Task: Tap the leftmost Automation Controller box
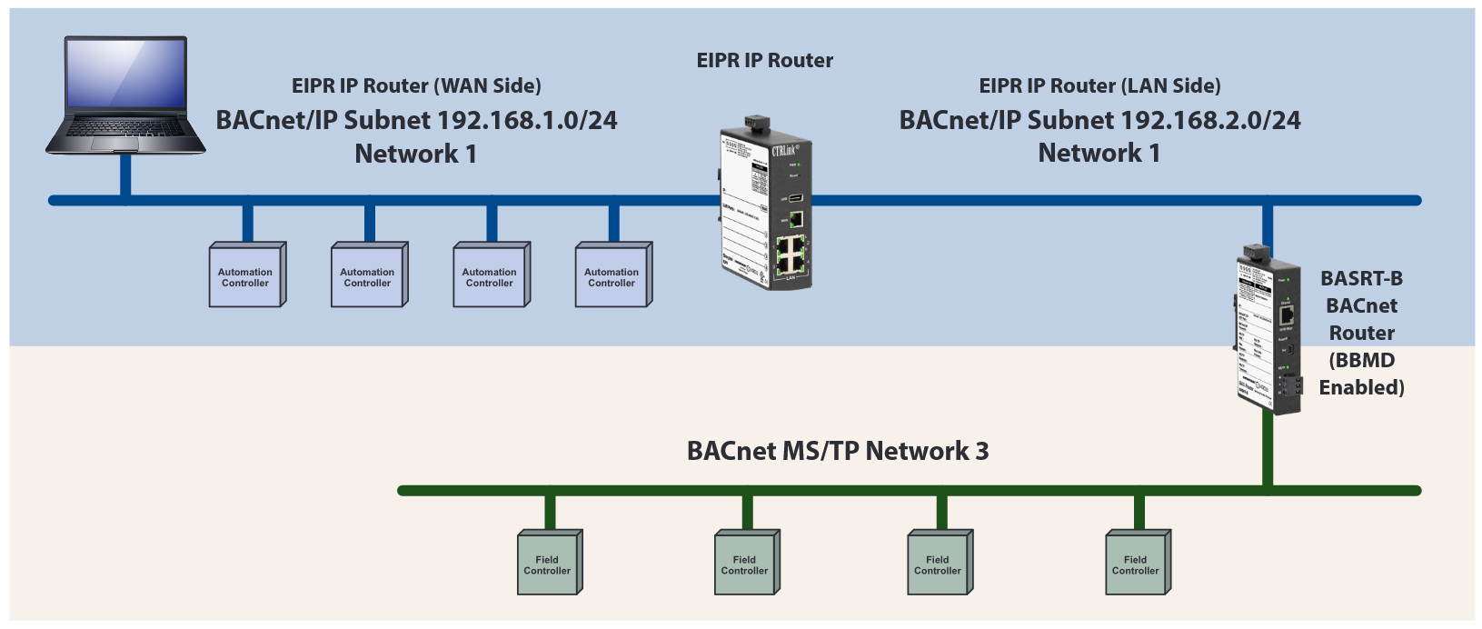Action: click(x=246, y=275)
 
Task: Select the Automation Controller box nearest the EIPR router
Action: click(x=612, y=275)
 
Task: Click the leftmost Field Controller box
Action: click(x=548, y=564)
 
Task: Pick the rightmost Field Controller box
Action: click(x=1136, y=564)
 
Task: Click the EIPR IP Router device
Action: click(x=765, y=209)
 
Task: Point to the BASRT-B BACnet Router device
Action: click(x=1267, y=332)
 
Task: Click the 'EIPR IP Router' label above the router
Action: click(x=764, y=61)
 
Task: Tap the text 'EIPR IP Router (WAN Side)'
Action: click(x=416, y=86)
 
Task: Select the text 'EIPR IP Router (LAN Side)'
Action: click(x=1099, y=86)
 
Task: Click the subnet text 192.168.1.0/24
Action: click(x=527, y=120)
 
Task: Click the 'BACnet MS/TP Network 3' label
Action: click(x=837, y=451)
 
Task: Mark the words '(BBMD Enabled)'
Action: click(x=1361, y=374)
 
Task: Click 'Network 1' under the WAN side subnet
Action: click(x=415, y=154)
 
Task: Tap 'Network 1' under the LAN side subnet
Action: click(x=1099, y=153)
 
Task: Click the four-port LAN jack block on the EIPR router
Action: click(x=789, y=255)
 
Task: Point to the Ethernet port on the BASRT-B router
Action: click(x=1287, y=314)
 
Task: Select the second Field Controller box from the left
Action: click(x=745, y=564)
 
